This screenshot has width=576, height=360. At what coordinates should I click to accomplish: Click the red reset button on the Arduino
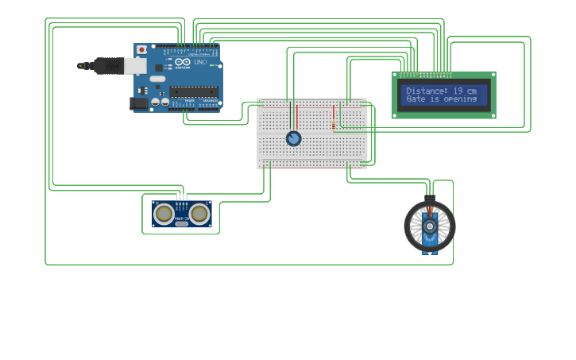[x=141, y=49]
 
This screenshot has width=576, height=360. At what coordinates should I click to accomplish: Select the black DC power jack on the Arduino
[x=138, y=102]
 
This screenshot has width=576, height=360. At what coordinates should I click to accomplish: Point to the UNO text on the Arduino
[x=200, y=62]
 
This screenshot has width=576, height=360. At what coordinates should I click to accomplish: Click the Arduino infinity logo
[x=184, y=62]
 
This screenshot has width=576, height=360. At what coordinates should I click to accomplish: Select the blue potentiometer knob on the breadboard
[x=293, y=138]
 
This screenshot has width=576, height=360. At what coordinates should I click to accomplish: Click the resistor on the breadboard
[x=333, y=120]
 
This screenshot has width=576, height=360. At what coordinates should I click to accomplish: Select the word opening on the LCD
[x=460, y=99]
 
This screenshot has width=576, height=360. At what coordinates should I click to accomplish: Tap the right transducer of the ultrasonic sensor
[x=199, y=213]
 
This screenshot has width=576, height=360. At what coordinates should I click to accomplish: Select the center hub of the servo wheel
[x=430, y=225]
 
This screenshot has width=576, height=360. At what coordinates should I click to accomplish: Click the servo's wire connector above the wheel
[x=430, y=199]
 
